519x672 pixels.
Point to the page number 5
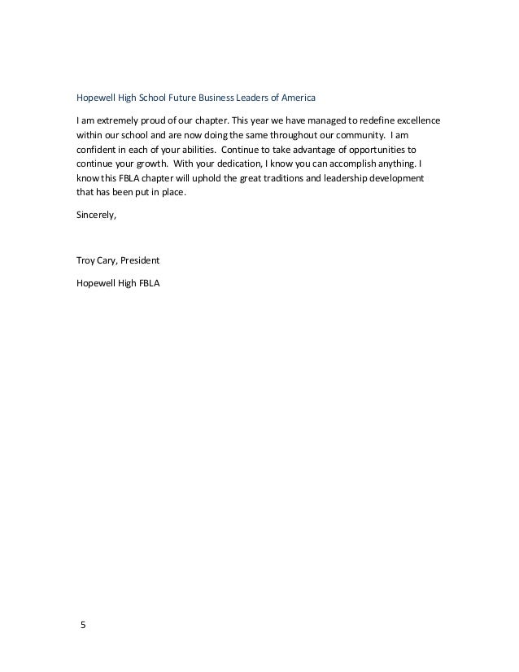(x=81, y=626)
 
